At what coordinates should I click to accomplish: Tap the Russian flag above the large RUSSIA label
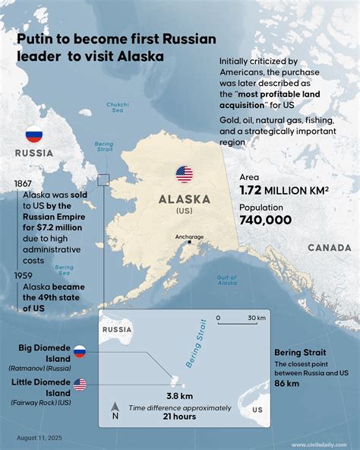point(33,135)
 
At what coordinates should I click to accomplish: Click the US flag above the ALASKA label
point(184,174)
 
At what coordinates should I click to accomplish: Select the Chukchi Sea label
point(118,107)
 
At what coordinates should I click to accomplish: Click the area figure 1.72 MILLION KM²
point(284,190)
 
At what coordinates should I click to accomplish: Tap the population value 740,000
point(266,220)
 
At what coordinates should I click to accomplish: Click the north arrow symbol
point(115,410)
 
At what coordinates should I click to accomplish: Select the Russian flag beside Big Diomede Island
point(80,351)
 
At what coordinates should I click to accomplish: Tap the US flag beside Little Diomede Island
point(80,385)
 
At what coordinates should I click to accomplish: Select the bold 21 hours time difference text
point(179,417)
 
